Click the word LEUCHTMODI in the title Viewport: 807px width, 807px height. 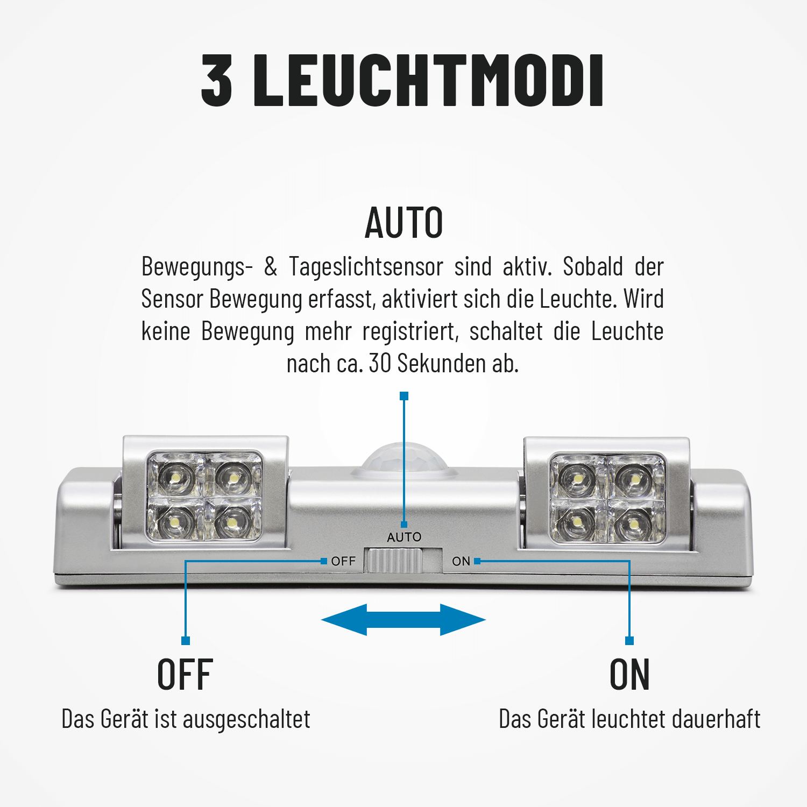pos(428,80)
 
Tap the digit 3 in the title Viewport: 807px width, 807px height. pos(217,80)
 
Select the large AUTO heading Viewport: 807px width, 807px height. pos(404,223)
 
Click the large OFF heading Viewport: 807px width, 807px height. pos(185,675)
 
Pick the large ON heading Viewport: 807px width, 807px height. pos(629,675)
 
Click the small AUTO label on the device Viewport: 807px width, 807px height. pos(404,537)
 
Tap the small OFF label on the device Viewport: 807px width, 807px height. pos(343,561)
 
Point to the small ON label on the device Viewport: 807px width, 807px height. pos(461,561)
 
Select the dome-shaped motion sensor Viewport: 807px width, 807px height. pos(404,461)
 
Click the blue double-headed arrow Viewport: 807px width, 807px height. pos(403,620)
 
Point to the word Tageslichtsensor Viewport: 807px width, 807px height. pos(366,267)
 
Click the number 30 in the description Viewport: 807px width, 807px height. pos(380,364)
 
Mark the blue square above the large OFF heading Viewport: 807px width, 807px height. pos(186,641)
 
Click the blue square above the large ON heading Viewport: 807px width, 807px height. pos(629,641)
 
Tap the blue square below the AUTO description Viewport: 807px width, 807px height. pos(404,396)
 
